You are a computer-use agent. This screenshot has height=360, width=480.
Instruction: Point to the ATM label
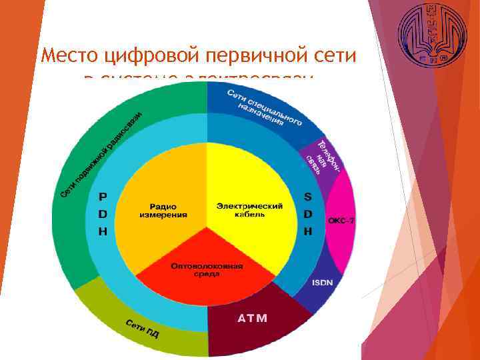[253, 318]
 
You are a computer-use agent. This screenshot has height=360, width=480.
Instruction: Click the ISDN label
[322, 282]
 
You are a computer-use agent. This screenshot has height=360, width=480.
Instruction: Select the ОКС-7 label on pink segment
[340, 221]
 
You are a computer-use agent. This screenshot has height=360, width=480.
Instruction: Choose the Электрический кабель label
[250, 210]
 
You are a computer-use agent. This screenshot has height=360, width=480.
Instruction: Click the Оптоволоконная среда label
[207, 269]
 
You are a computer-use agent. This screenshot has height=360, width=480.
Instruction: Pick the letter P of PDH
[102, 197]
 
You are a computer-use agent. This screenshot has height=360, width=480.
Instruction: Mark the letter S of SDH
[308, 197]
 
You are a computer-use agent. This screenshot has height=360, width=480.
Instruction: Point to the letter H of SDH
[308, 231]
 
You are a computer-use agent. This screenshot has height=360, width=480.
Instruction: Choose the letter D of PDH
[102, 214]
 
